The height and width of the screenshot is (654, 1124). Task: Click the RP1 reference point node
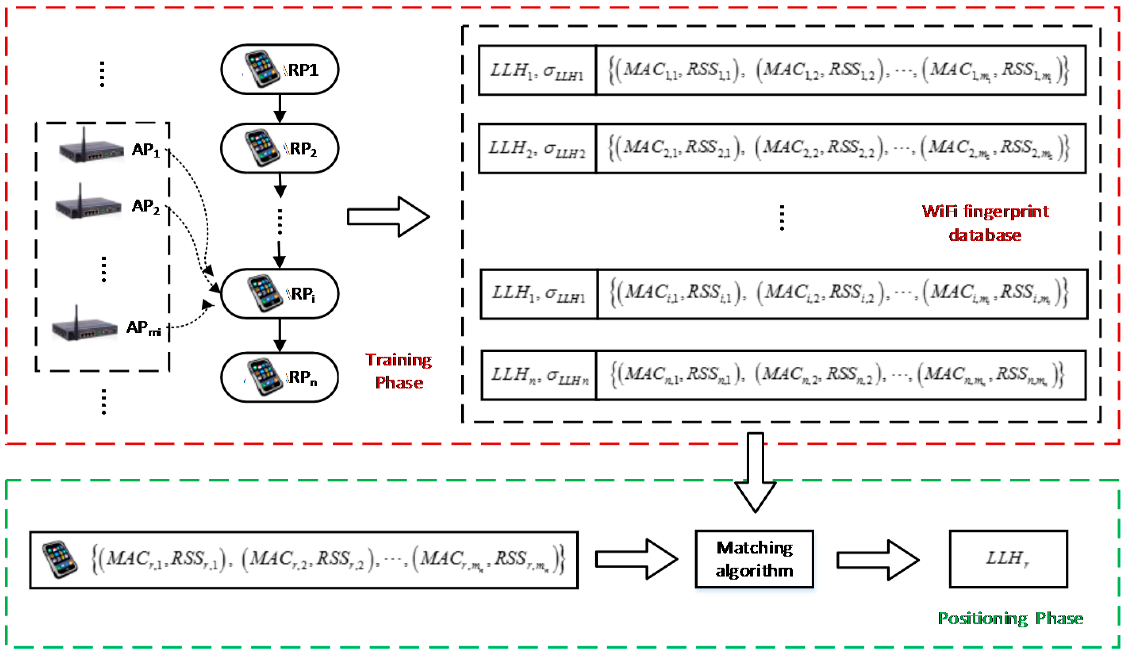280,69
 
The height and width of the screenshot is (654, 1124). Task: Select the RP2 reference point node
280,148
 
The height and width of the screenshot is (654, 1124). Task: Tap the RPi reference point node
280,293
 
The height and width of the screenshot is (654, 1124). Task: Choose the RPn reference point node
280,377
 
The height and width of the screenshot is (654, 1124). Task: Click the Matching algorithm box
754,559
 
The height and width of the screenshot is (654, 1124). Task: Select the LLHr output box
1008,559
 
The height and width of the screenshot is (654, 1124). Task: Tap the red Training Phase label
399,371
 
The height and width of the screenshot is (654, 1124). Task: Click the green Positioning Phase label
1010,618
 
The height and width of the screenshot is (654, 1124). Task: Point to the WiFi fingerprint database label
985,223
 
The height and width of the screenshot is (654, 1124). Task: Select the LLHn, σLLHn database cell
539,375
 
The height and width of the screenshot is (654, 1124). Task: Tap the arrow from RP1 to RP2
280,109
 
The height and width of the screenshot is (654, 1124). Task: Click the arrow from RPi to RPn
280,336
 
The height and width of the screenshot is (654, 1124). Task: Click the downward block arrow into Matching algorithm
755,473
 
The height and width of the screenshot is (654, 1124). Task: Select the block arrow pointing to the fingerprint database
388,217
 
